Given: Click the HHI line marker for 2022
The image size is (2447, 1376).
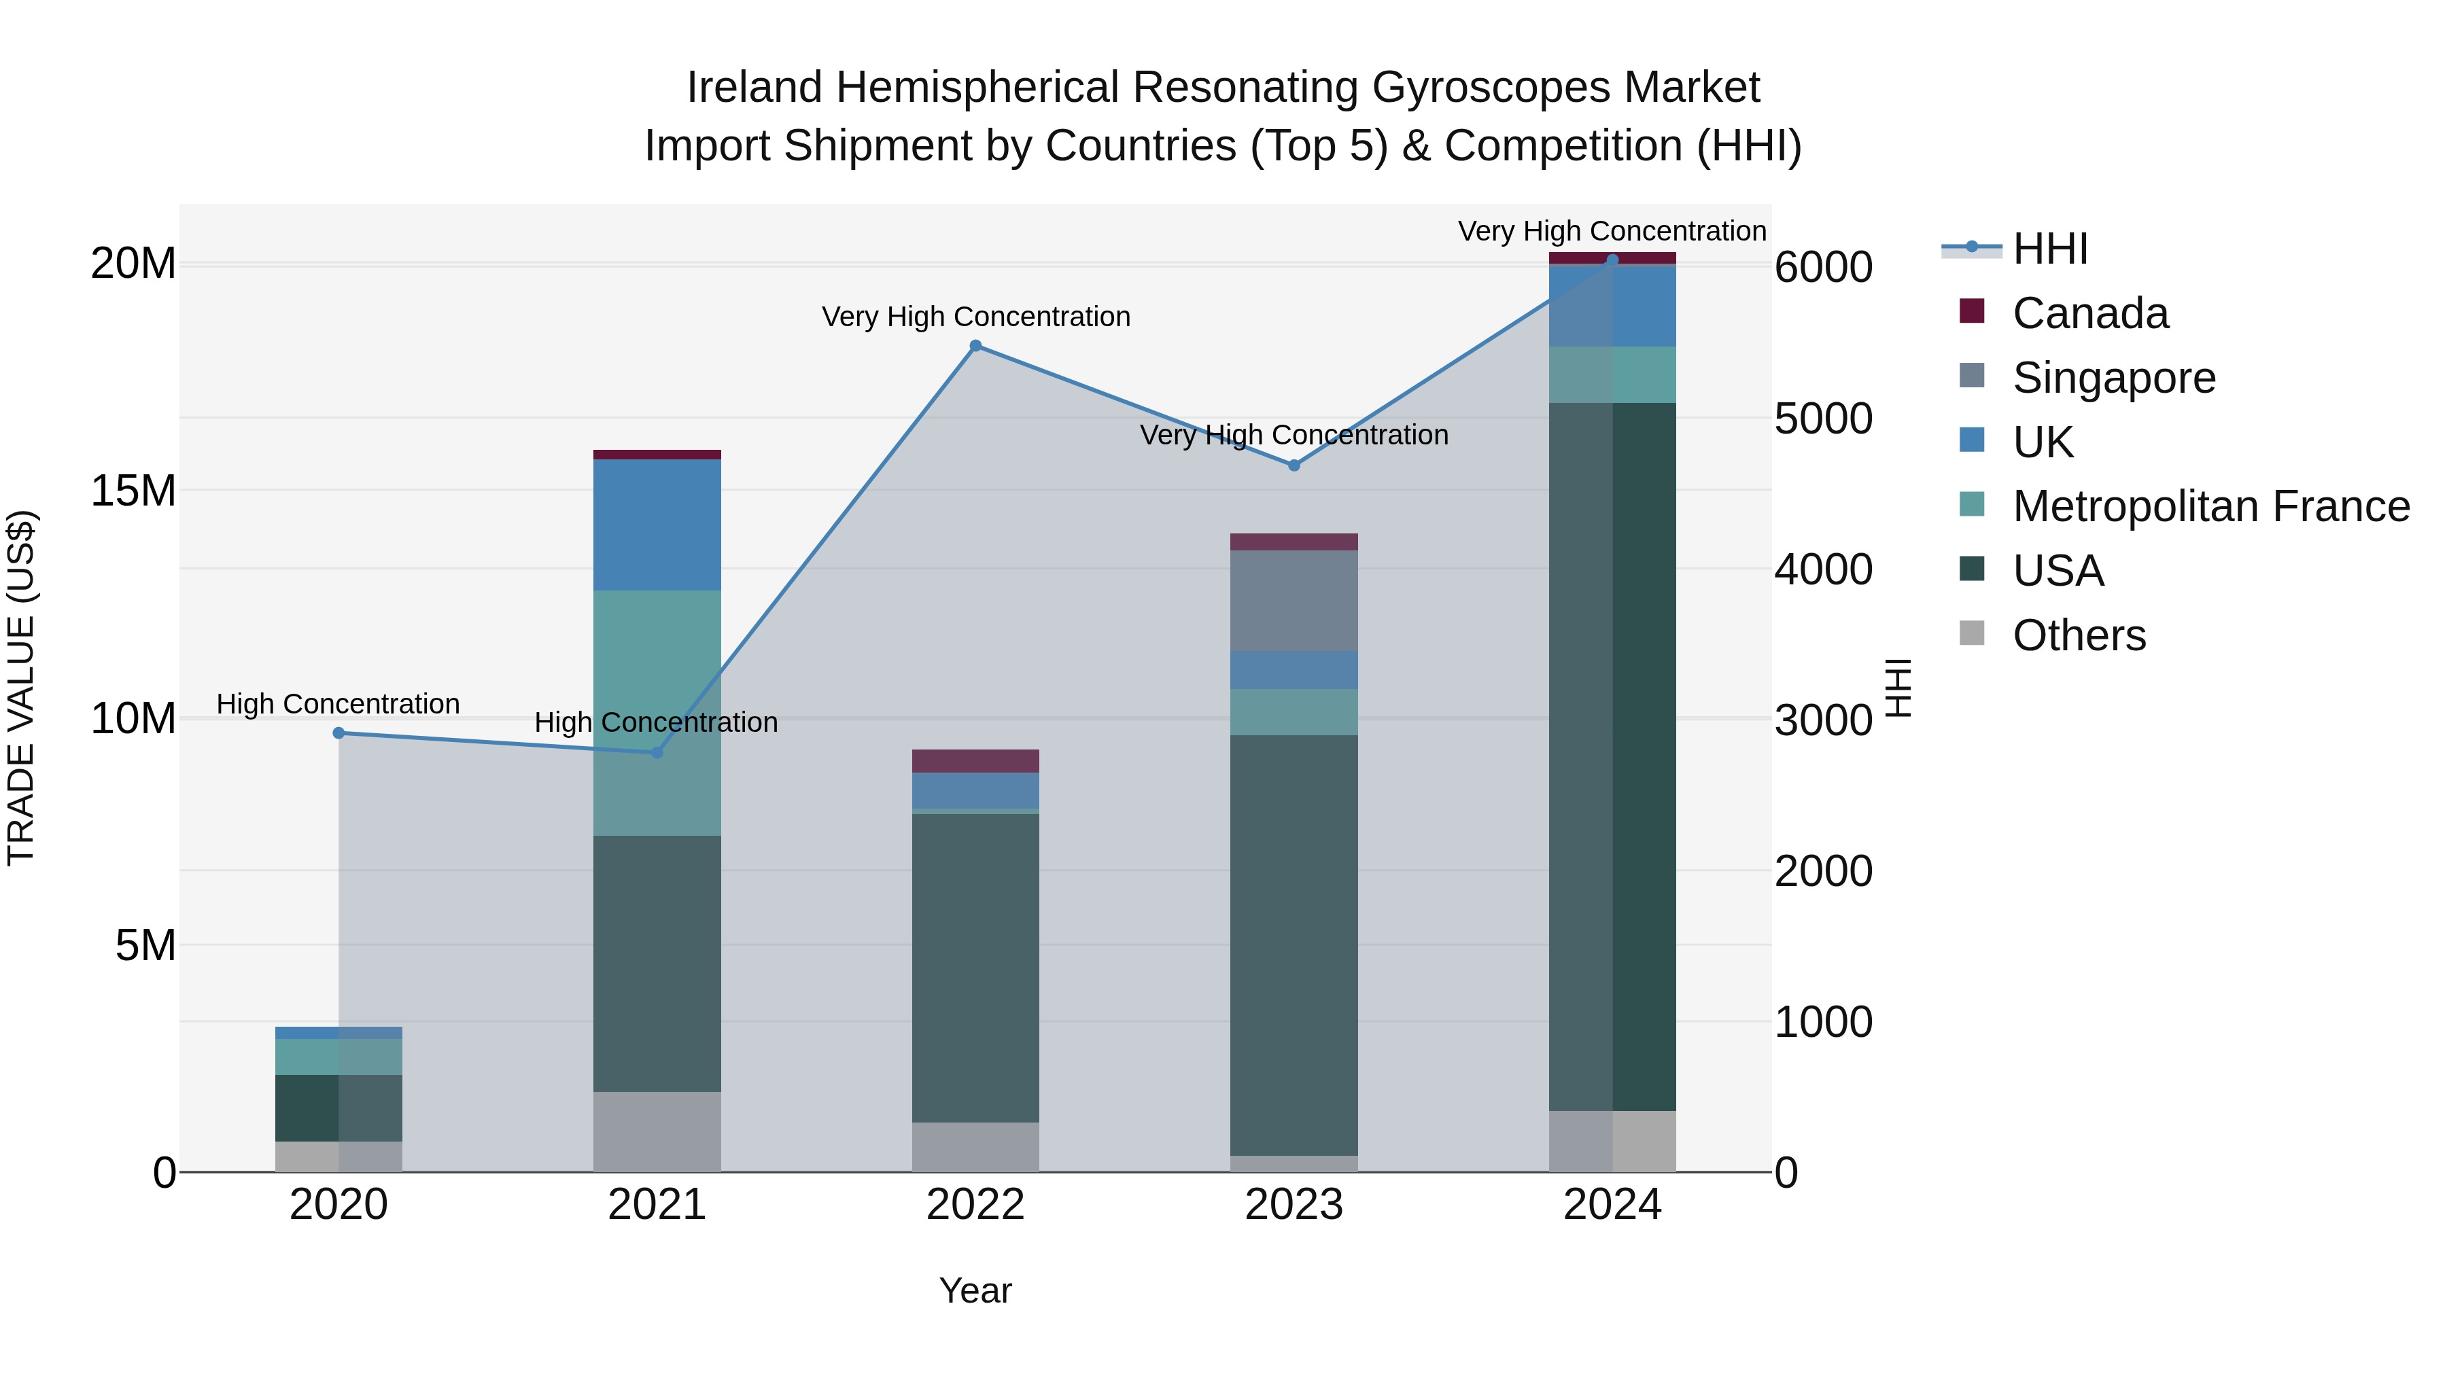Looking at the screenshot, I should click(975, 347).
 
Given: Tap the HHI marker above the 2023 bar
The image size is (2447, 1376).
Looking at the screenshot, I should click(1294, 465).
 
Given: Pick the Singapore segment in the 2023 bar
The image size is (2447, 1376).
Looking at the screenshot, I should click(1294, 600).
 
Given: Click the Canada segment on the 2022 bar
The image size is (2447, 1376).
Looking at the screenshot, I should click(975, 760).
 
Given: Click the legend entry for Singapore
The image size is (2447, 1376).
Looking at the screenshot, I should click(2113, 378).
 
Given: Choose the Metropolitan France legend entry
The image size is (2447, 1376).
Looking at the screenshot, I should click(2210, 506).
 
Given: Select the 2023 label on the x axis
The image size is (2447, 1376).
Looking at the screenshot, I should click(1294, 1205).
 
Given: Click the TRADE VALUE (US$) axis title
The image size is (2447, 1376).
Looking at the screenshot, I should click(22, 688).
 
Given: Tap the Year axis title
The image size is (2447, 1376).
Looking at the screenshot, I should click(975, 1290).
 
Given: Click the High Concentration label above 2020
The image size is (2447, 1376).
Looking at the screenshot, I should click(339, 704).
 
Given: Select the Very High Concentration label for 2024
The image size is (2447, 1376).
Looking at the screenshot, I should click(1612, 231).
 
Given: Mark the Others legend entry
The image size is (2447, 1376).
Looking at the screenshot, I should click(2079, 635).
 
